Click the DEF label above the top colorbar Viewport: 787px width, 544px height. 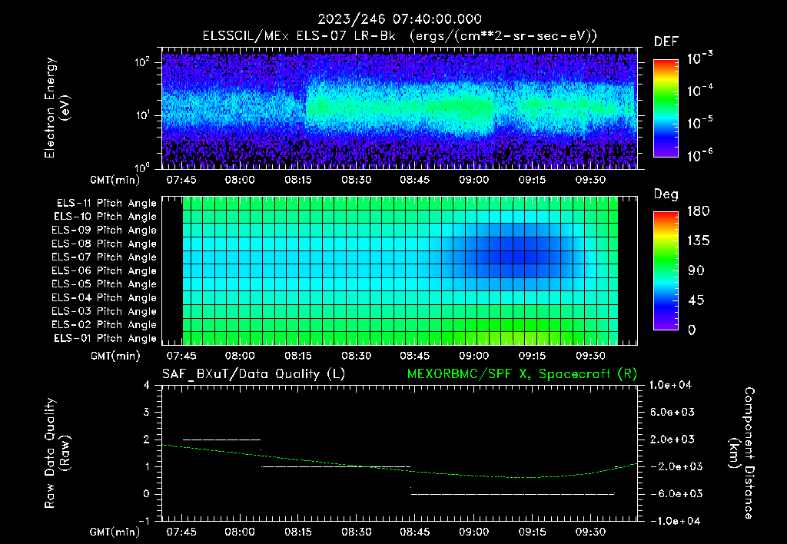click(666, 41)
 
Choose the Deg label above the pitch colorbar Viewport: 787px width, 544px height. click(666, 194)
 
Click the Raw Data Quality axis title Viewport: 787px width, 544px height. click(58, 453)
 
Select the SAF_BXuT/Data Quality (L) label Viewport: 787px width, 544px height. click(253, 374)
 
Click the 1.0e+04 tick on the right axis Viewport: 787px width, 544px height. click(674, 385)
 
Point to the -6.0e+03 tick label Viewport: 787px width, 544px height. click(674, 493)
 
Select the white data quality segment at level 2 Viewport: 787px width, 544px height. click(222, 440)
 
